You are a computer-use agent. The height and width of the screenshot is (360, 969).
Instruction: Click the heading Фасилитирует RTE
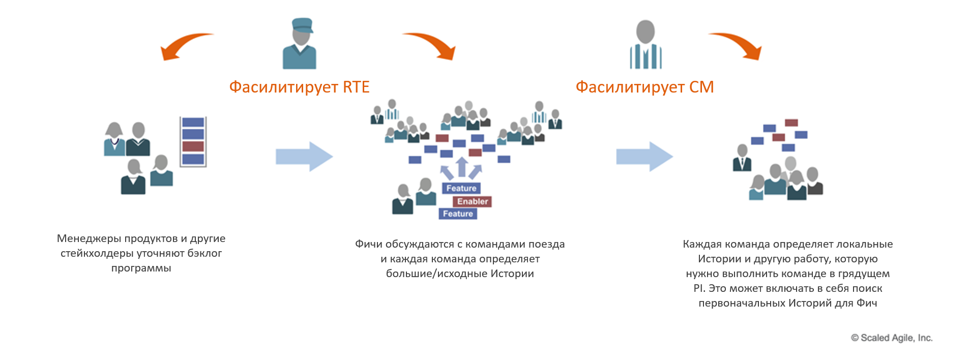click(x=299, y=87)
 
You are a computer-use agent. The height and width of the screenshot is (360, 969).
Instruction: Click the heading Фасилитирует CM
click(x=644, y=87)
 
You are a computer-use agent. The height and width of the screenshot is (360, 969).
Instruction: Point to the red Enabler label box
click(x=472, y=201)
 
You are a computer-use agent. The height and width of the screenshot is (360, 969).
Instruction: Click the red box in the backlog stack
click(x=193, y=146)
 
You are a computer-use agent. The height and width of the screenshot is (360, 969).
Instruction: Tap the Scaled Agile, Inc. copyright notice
click(x=892, y=338)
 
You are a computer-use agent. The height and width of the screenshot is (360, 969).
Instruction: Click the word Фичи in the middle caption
click(x=368, y=244)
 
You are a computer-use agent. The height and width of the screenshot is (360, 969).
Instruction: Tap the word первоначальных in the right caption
click(x=742, y=303)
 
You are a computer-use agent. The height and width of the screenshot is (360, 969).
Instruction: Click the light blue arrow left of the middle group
click(x=304, y=157)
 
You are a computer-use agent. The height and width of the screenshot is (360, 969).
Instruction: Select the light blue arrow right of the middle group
click(x=644, y=157)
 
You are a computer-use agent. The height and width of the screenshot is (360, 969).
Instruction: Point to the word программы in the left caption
click(x=141, y=268)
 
